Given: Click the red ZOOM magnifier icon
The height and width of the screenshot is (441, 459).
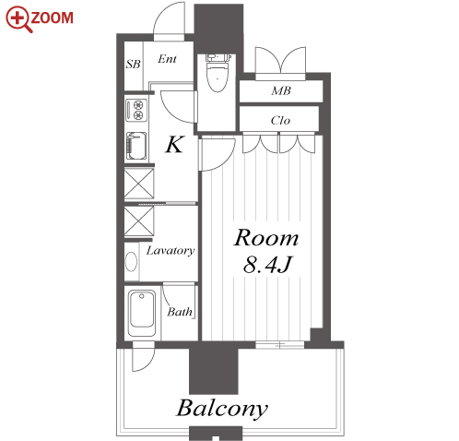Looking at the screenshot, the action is pos(18,19).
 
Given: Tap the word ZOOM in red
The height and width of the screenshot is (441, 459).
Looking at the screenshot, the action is pos(53,18).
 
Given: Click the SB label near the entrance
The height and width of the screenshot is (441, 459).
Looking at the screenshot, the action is pos(133,64).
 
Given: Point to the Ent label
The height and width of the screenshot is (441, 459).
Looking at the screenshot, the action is pos(167,59).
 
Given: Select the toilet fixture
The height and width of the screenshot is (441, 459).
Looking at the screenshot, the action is pos(218,73).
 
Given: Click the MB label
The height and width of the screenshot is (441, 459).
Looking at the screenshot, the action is pos(281,90).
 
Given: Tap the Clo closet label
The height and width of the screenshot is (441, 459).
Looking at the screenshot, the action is pos(280,120).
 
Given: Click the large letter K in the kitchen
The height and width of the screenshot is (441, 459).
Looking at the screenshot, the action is pos(174,144).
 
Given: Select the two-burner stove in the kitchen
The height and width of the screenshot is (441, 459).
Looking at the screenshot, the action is pos(136,110).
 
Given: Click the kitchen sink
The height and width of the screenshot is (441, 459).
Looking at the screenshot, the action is pos(136,146).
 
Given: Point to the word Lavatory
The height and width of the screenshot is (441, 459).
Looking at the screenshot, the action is pos(171,251).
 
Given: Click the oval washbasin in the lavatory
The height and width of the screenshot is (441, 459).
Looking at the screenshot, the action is pos(131,262).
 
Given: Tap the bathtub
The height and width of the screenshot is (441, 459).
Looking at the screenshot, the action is pos(142,313).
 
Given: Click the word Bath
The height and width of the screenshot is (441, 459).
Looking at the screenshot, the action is pos(180,312).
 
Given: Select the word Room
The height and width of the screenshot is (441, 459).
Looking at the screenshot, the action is pos(266,238).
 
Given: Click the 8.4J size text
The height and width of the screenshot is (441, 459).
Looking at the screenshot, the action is pos(266,265).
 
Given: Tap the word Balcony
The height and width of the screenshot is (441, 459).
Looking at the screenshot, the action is pos(222,409).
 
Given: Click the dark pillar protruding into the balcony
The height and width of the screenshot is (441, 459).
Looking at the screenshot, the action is pos(214,371).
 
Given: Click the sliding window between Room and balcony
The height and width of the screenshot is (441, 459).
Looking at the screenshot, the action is pos(280,345).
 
